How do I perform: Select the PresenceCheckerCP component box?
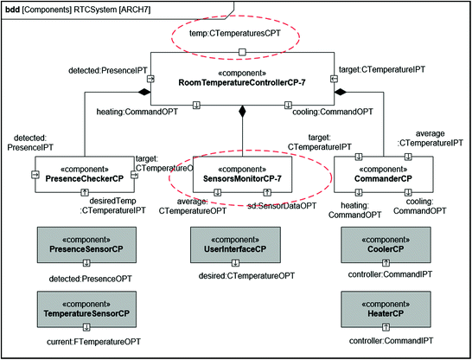point(85,173)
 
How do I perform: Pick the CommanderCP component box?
point(381,173)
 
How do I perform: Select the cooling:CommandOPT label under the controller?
point(327,112)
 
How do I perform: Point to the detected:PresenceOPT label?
point(85,277)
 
